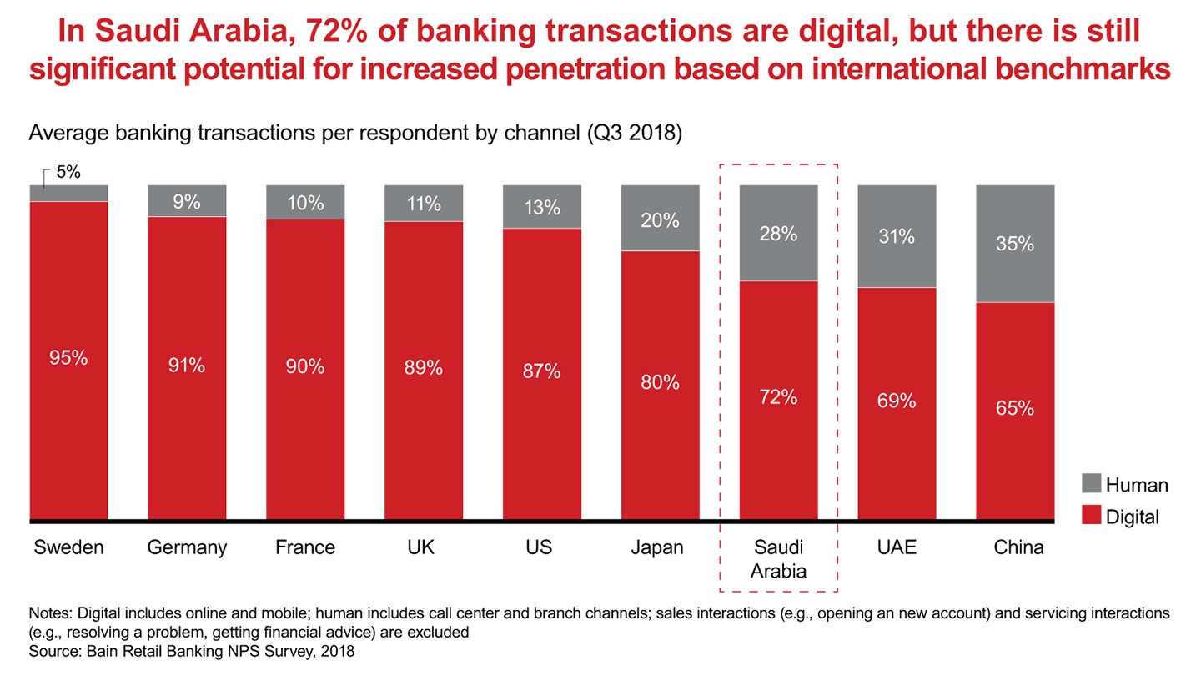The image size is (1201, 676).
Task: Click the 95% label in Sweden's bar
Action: coord(68,358)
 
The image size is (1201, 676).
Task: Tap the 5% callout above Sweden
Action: coord(68,173)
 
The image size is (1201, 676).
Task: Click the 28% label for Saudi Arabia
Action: coord(778,235)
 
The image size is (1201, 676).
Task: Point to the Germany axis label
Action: coord(187,548)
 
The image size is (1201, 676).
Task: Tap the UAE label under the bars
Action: coord(897,548)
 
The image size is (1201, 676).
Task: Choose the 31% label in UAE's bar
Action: coord(897,237)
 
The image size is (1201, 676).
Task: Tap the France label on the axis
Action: coord(305,548)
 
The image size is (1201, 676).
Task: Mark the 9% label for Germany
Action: coord(187,202)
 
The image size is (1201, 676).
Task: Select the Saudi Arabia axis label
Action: coord(778,559)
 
